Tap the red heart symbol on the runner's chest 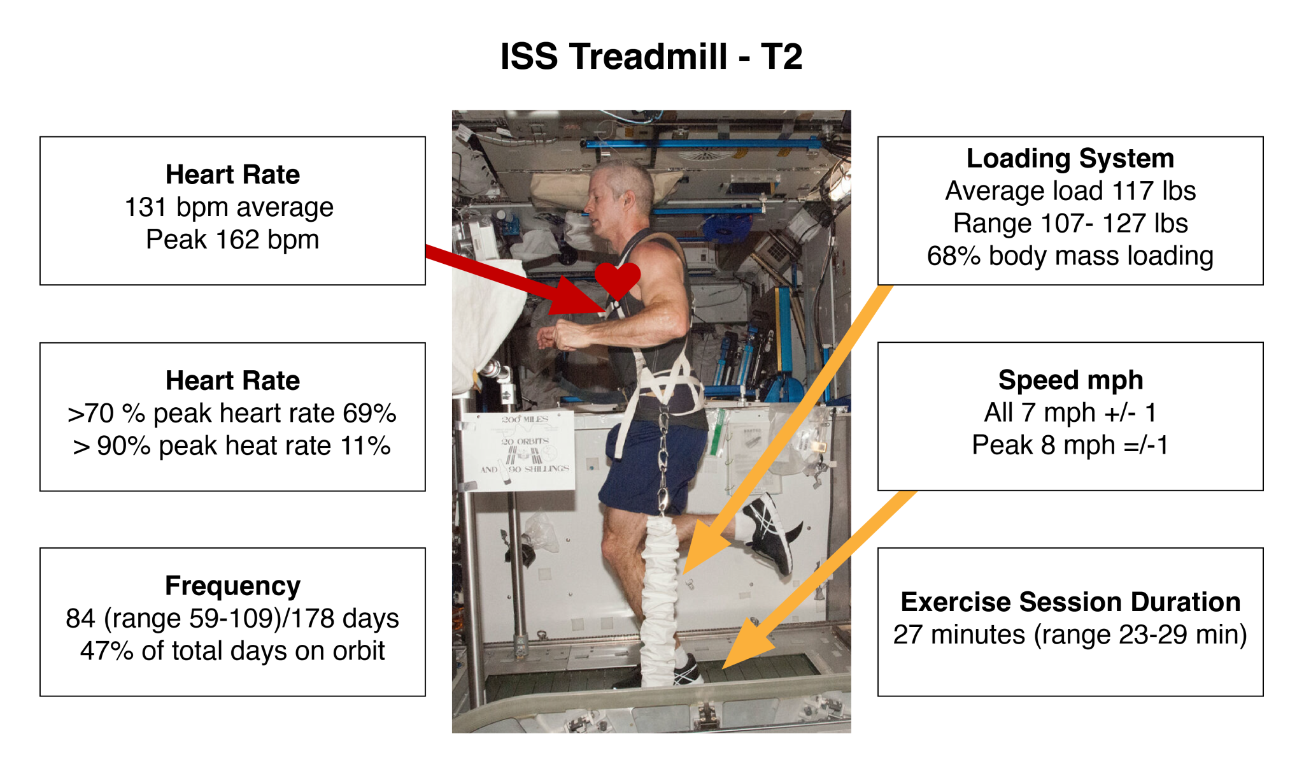[617, 279]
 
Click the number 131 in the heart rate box [145, 207]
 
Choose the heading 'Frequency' [232, 586]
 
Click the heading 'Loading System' [1070, 159]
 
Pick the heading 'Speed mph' [1070, 380]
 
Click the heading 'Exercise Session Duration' [1070, 602]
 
